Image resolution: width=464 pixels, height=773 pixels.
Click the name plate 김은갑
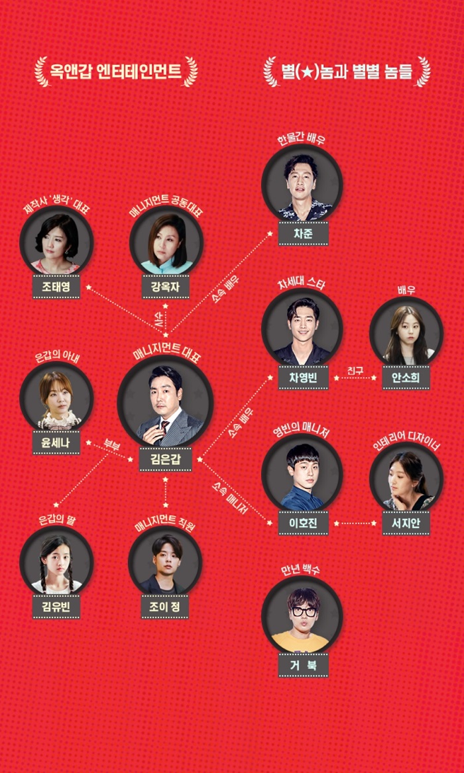pos(165,458)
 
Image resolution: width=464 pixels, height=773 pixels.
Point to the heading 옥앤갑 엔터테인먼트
pos(116,71)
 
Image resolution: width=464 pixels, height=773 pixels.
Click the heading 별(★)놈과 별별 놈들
pos(347,71)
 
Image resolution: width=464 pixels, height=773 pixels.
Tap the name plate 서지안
pos(406,523)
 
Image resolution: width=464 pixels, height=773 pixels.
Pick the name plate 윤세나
pos(56,442)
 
